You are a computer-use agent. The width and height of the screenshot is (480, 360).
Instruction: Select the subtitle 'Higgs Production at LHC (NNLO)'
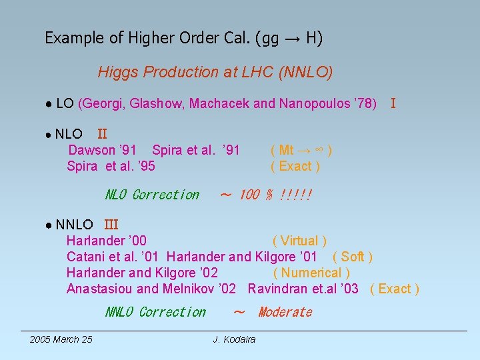pos(215,72)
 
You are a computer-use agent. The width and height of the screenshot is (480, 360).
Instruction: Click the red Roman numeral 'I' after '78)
pos(393,103)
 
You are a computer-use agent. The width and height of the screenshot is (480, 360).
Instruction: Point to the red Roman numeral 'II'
pos(102,134)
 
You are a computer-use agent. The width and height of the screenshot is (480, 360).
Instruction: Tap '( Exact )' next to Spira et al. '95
pos(295,166)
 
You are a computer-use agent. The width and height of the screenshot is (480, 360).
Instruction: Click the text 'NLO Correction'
pos(152,195)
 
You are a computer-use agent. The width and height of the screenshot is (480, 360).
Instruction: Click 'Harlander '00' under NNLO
pos(107,241)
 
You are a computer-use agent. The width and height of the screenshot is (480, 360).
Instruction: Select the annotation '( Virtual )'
pos(299,241)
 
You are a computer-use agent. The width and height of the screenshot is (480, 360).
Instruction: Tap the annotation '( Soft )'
pos(352,257)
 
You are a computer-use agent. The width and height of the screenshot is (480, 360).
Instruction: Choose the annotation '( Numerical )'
pos(311,273)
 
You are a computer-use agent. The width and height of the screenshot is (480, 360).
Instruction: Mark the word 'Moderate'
pos(285,312)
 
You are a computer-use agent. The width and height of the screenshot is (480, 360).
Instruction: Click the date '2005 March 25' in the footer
pos(61,340)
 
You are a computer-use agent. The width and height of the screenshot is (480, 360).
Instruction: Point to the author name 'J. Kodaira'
pos(234,340)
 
